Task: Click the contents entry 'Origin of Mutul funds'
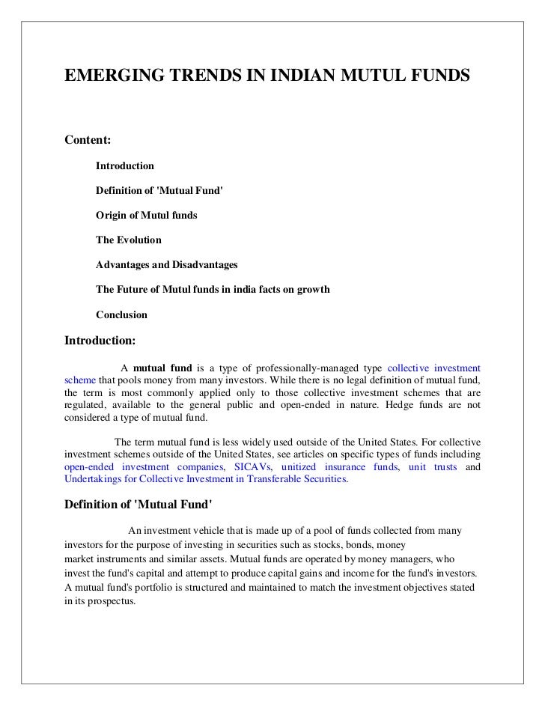[x=147, y=215]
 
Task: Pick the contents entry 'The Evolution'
[x=128, y=240]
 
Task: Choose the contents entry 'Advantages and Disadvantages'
[x=166, y=265]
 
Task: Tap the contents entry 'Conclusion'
[x=121, y=315]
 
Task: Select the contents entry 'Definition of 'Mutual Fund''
[x=159, y=190]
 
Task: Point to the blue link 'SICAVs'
[x=253, y=467]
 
